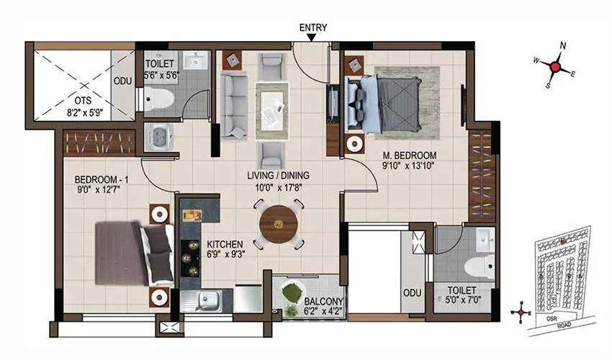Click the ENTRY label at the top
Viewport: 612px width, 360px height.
point(312,28)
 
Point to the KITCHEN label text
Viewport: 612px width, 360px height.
point(226,243)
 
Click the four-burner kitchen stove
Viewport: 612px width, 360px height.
point(192,259)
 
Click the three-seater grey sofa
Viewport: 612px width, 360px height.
point(233,106)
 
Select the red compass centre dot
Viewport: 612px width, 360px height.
point(555,67)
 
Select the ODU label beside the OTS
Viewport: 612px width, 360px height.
point(122,81)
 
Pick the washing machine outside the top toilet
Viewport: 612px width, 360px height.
point(157,137)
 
